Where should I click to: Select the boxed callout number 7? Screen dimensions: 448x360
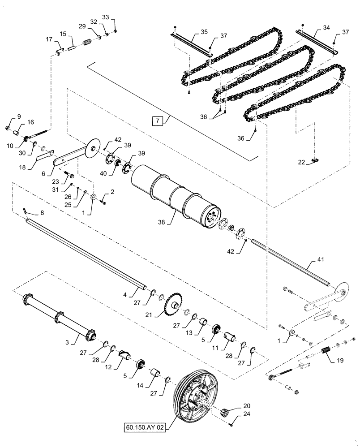click(156, 121)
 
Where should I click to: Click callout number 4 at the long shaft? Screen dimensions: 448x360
click(126, 295)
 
